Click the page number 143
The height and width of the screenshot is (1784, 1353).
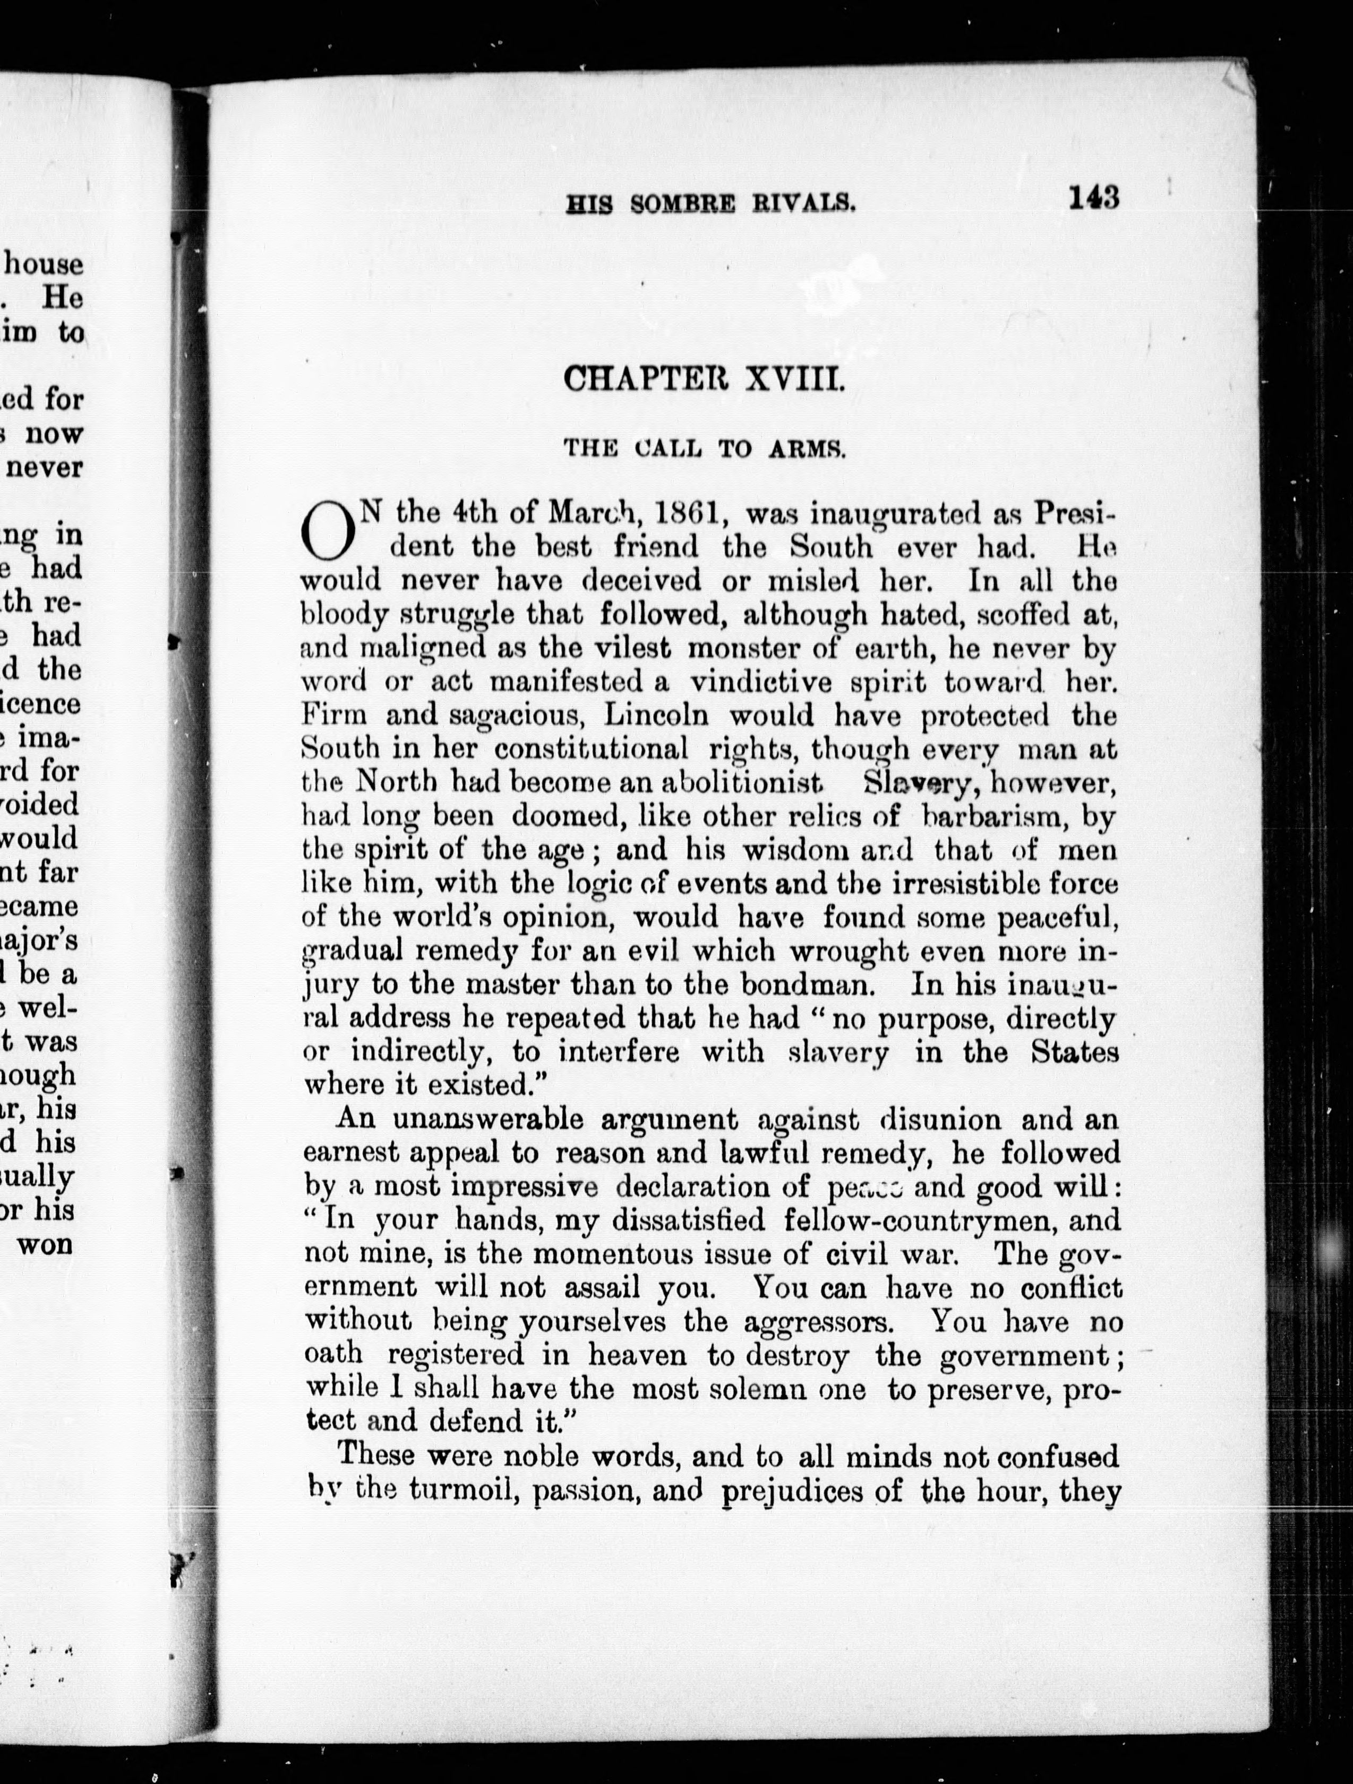click(x=1094, y=198)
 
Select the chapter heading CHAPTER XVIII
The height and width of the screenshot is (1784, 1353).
click(x=704, y=378)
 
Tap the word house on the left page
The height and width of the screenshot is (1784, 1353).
click(x=45, y=264)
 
